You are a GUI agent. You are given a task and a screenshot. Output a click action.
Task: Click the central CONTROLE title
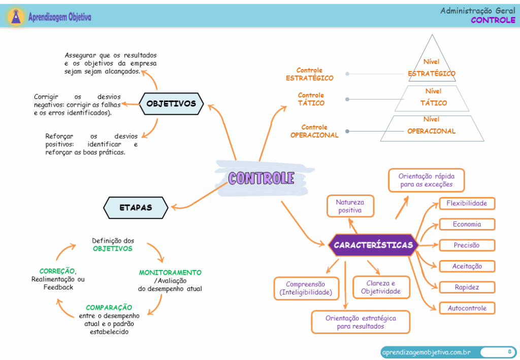pyautogui.click(x=261, y=178)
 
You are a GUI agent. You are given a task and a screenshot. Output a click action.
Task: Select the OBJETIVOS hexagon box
pyautogui.click(x=171, y=104)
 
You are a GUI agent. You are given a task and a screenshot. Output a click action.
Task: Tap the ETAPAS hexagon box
pyautogui.click(x=136, y=207)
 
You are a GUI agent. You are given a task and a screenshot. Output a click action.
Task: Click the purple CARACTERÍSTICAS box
pyautogui.click(x=373, y=245)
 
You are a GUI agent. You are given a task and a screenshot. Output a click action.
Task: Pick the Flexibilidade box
pyautogui.click(x=467, y=204)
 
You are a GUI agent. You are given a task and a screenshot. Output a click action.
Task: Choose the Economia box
pyautogui.click(x=467, y=224)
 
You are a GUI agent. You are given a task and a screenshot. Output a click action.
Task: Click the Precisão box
pyautogui.click(x=467, y=245)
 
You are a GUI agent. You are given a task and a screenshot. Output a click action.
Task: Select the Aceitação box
pyautogui.click(x=467, y=266)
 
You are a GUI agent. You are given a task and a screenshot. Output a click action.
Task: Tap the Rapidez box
pyautogui.click(x=467, y=287)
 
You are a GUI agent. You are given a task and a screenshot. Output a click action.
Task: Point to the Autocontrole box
pyautogui.click(x=467, y=308)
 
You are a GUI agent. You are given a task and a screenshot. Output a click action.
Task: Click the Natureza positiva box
pyautogui.click(x=350, y=206)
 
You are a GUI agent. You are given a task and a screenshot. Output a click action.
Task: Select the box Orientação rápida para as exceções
pyautogui.click(x=426, y=180)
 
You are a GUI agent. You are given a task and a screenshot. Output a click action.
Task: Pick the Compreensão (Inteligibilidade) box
pyautogui.click(x=306, y=288)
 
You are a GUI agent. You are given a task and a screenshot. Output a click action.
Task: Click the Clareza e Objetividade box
pyautogui.click(x=381, y=287)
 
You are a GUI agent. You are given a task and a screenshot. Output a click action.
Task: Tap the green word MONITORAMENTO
pyautogui.click(x=170, y=273)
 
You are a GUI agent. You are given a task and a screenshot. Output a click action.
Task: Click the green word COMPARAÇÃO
pyautogui.click(x=109, y=308)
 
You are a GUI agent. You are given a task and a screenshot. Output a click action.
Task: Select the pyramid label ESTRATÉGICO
pyautogui.click(x=432, y=74)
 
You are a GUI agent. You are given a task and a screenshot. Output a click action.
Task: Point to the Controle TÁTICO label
pyautogui.click(x=311, y=100)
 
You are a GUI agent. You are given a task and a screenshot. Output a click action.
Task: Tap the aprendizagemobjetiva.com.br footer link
pyautogui.click(x=426, y=352)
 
